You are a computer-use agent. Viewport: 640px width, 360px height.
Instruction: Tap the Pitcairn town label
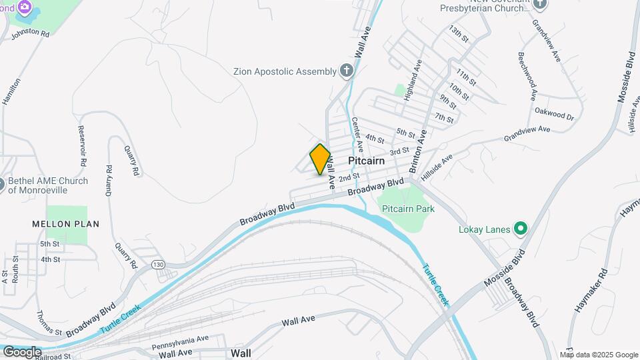[368, 162]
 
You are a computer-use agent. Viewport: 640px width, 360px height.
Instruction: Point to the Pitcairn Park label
[408, 209]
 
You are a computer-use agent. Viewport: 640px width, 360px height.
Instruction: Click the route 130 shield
[158, 264]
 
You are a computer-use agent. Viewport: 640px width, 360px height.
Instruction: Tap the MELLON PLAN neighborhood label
[65, 224]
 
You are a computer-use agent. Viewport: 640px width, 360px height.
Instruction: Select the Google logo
[21, 351]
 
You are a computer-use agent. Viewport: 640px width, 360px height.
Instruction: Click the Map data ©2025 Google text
[599, 355]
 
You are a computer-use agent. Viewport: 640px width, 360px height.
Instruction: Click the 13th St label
[460, 34]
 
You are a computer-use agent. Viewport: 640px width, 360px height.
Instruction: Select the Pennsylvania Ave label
[180, 343]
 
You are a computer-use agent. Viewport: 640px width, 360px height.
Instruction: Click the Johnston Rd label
[31, 32]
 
